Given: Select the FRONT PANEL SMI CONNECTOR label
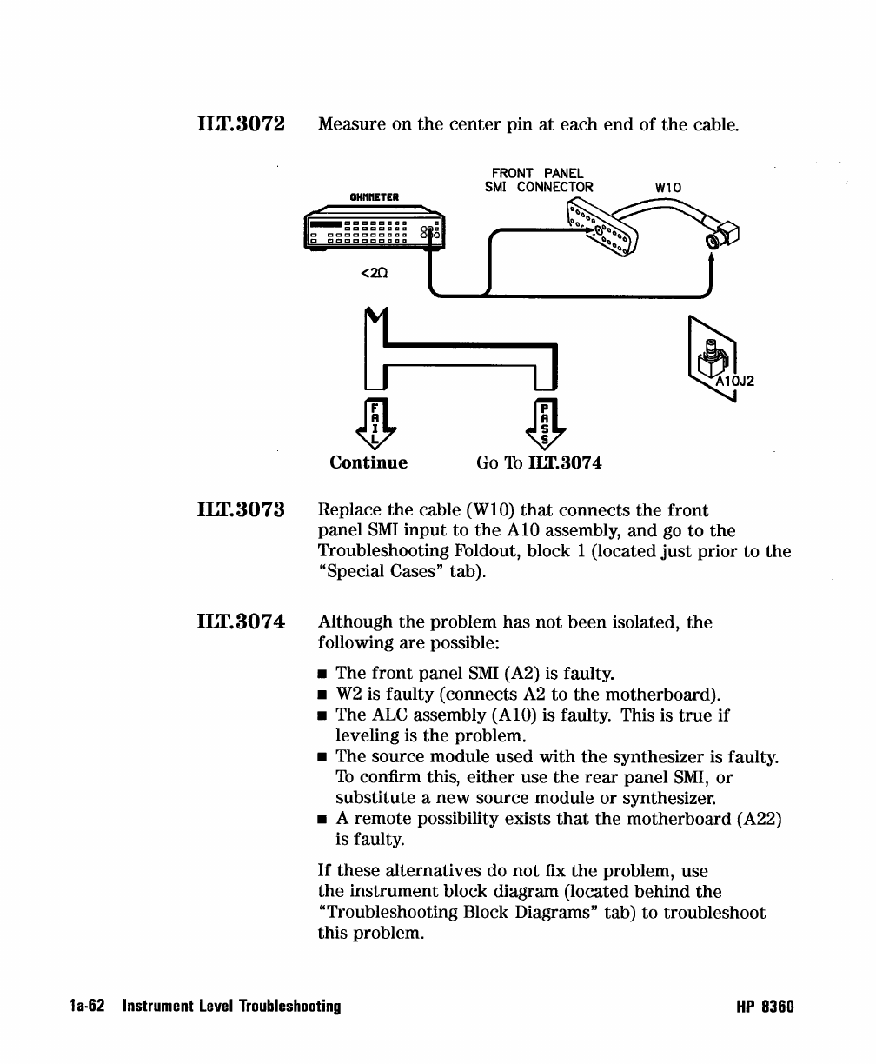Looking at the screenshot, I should [x=539, y=180].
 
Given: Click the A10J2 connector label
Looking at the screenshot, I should [x=735, y=379].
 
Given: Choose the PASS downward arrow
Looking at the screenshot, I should [x=545, y=423].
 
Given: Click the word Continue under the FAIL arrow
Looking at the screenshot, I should [x=368, y=462].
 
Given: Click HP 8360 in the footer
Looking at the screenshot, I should [x=765, y=1006].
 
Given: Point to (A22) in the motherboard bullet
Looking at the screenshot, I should [x=759, y=819].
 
